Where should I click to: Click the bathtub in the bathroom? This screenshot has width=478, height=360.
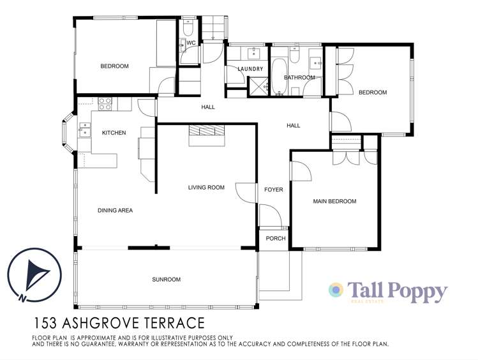pos(279,75)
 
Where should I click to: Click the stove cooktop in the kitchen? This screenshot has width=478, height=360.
pos(105,101)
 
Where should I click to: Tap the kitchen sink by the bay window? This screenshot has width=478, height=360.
pos(84,132)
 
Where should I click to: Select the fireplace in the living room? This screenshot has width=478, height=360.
pos(206,131)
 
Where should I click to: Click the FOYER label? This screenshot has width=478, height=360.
pos(273,190)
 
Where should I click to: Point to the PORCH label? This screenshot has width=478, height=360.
pos(275,239)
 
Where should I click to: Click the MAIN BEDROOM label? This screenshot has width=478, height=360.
pos(334,202)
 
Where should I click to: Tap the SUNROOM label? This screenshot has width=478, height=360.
pos(166,280)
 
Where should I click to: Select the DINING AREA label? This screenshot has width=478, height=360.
pos(115,210)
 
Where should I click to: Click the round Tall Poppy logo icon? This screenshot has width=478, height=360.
pos(336,290)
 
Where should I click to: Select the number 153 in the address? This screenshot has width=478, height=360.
pos(46,324)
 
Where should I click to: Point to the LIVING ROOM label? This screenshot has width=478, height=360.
pos(206,188)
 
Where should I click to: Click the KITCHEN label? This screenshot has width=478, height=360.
pos(114,133)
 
